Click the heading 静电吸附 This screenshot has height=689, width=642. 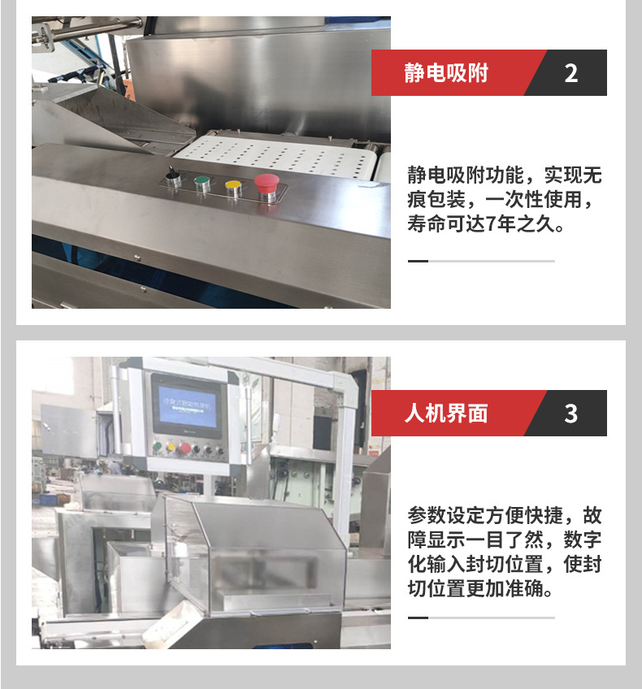(x=446, y=73)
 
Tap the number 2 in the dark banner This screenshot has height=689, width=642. (x=570, y=73)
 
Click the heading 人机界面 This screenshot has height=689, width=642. (x=446, y=414)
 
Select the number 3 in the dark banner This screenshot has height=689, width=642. (x=570, y=414)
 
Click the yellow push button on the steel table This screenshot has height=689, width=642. (x=233, y=188)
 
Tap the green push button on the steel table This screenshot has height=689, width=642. (x=202, y=184)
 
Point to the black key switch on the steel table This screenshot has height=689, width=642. (x=173, y=178)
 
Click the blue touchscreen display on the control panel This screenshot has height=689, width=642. (x=187, y=406)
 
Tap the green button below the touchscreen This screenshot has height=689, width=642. (x=157, y=448)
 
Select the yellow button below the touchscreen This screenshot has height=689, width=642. (x=170, y=448)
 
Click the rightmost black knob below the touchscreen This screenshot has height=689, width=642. (x=220, y=451)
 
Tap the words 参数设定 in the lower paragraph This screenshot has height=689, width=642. (x=446, y=515)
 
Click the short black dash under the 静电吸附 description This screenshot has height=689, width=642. (x=418, y=261)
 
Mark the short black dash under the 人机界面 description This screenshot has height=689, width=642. (x=418, y=617)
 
